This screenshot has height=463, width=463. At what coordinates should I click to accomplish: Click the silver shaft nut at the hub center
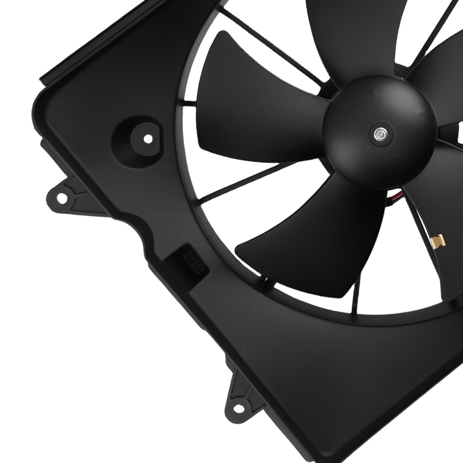[380, 134]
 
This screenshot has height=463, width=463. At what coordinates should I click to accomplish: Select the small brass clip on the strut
[437, 240]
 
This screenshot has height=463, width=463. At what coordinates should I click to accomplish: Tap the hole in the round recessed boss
[147, 138]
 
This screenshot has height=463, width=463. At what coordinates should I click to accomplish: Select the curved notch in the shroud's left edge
[134, 227]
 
